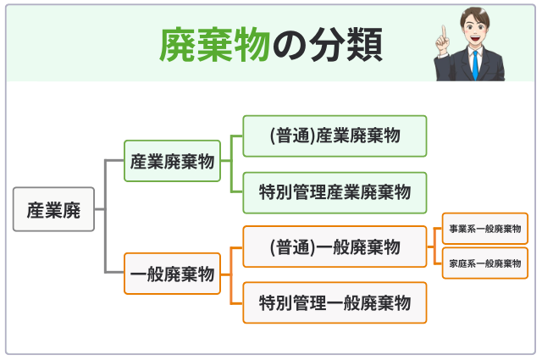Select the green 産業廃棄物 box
pos(172,161)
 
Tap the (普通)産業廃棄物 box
pos(335,136)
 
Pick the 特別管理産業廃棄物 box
pos(335,192)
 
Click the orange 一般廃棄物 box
pos(172,273)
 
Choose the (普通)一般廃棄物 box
pos(335,247)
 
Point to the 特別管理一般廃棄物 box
pos(335,302)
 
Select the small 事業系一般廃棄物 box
pos(484,229)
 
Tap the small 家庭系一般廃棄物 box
pos(484,263)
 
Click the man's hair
pos(475,14)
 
